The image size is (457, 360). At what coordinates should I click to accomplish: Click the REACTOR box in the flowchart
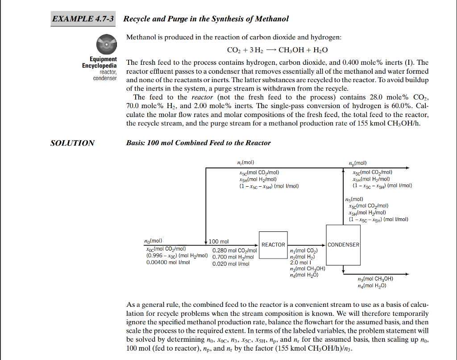click(273, 245)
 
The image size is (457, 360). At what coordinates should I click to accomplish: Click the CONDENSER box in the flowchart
click(343, 245)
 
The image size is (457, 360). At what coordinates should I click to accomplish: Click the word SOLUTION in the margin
click(72, 143)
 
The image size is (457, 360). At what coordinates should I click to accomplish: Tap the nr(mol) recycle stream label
click(246, 163)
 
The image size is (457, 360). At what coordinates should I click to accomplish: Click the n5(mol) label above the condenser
click(354, 199)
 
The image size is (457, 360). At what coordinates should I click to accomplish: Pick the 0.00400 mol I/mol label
click(168, 263)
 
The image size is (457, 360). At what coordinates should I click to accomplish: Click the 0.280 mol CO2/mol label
click(235, 251)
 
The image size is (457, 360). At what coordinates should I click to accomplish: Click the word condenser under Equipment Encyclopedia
click(105, 78)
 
